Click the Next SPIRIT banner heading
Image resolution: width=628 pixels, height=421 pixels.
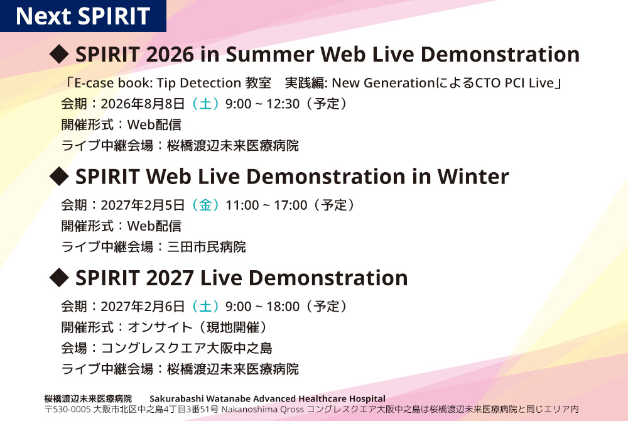point(82,16)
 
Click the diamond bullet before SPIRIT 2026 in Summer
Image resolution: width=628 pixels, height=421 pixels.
point(58,54)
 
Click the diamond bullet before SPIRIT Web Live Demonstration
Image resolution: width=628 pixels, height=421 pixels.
point(58,176)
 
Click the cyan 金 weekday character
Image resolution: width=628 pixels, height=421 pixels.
point(205,205)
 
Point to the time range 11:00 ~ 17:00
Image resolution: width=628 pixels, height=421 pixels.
point(266,205)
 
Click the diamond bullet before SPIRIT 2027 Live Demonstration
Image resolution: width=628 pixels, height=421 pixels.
point(58,277)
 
